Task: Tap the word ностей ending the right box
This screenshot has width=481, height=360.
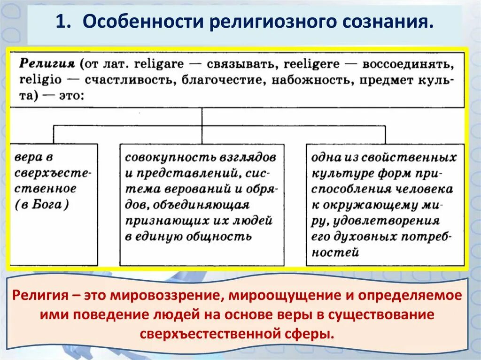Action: (335, 253)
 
